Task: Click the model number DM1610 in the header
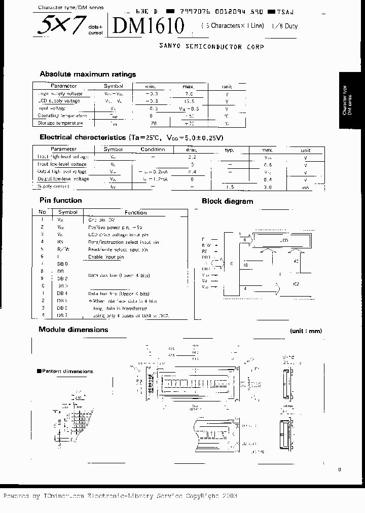click(148, 25)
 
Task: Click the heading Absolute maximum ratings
click(88, 74)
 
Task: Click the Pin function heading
click(60, 200)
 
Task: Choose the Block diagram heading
click(227, 201)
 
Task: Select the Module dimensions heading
click(74, 329)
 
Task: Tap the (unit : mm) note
click(306, 331)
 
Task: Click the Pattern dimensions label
click(66, 371)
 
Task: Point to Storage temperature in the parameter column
click(60, 123)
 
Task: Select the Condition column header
click(153, 150)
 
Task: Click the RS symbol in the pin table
click(61, 242)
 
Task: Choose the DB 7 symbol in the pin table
click(62, 315)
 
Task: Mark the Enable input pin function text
click(106, 257)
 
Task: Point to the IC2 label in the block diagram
click(296, 284)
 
